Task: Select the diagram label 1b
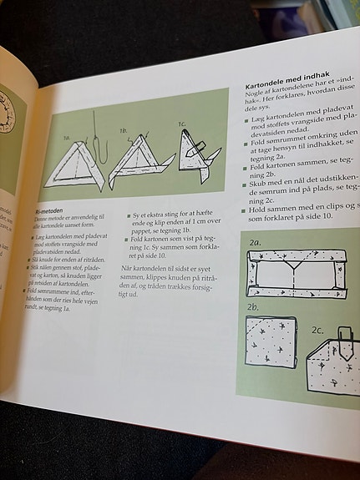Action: point(123,130)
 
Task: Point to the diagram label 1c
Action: point(181,124)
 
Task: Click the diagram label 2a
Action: point(255,242)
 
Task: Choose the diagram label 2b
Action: point(252,319)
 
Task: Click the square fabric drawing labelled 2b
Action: point(270,343)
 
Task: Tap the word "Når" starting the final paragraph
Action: point(128,266)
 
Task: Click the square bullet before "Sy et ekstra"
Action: point(129,215)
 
